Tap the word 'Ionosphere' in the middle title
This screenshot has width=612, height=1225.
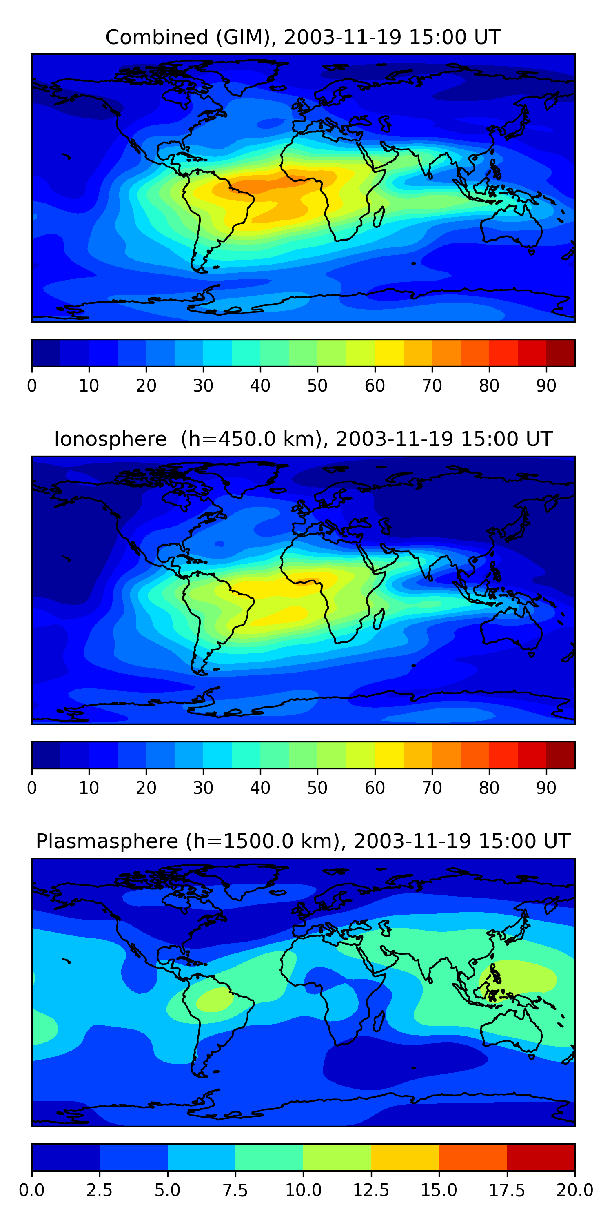[110, 439]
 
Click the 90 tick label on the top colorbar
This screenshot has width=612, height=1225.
[546, 385]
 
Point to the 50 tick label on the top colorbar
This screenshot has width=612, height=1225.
[317, 385]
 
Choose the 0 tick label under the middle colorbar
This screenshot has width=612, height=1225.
[32, 788]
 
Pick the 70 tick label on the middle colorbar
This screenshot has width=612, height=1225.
[432, 788]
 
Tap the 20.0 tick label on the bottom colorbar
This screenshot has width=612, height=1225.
[575, 1190]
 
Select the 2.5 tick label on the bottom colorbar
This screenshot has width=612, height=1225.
[99, 1190]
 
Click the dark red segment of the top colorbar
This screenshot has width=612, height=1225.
[561, 353]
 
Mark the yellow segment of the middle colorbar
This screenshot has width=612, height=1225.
[389, 755]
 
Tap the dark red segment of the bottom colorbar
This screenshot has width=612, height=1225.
[541, 1157]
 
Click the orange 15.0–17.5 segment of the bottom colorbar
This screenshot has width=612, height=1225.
[473, 1157]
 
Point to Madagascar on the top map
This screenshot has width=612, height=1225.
[379, 217]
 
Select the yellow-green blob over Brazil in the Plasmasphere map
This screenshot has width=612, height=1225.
[214, 999]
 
